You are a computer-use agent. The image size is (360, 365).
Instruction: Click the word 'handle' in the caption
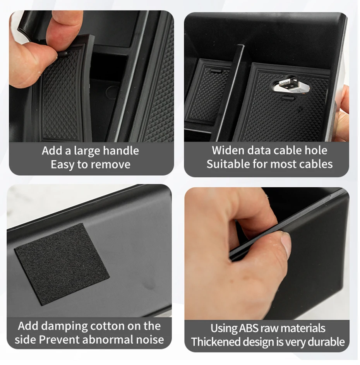(x=119, y=151)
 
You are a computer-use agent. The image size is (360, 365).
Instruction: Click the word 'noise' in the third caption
(x=149, y=340)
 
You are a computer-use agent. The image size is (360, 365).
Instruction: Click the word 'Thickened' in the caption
(x=215, y=342)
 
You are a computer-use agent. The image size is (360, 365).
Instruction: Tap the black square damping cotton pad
(x=62, y=263)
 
